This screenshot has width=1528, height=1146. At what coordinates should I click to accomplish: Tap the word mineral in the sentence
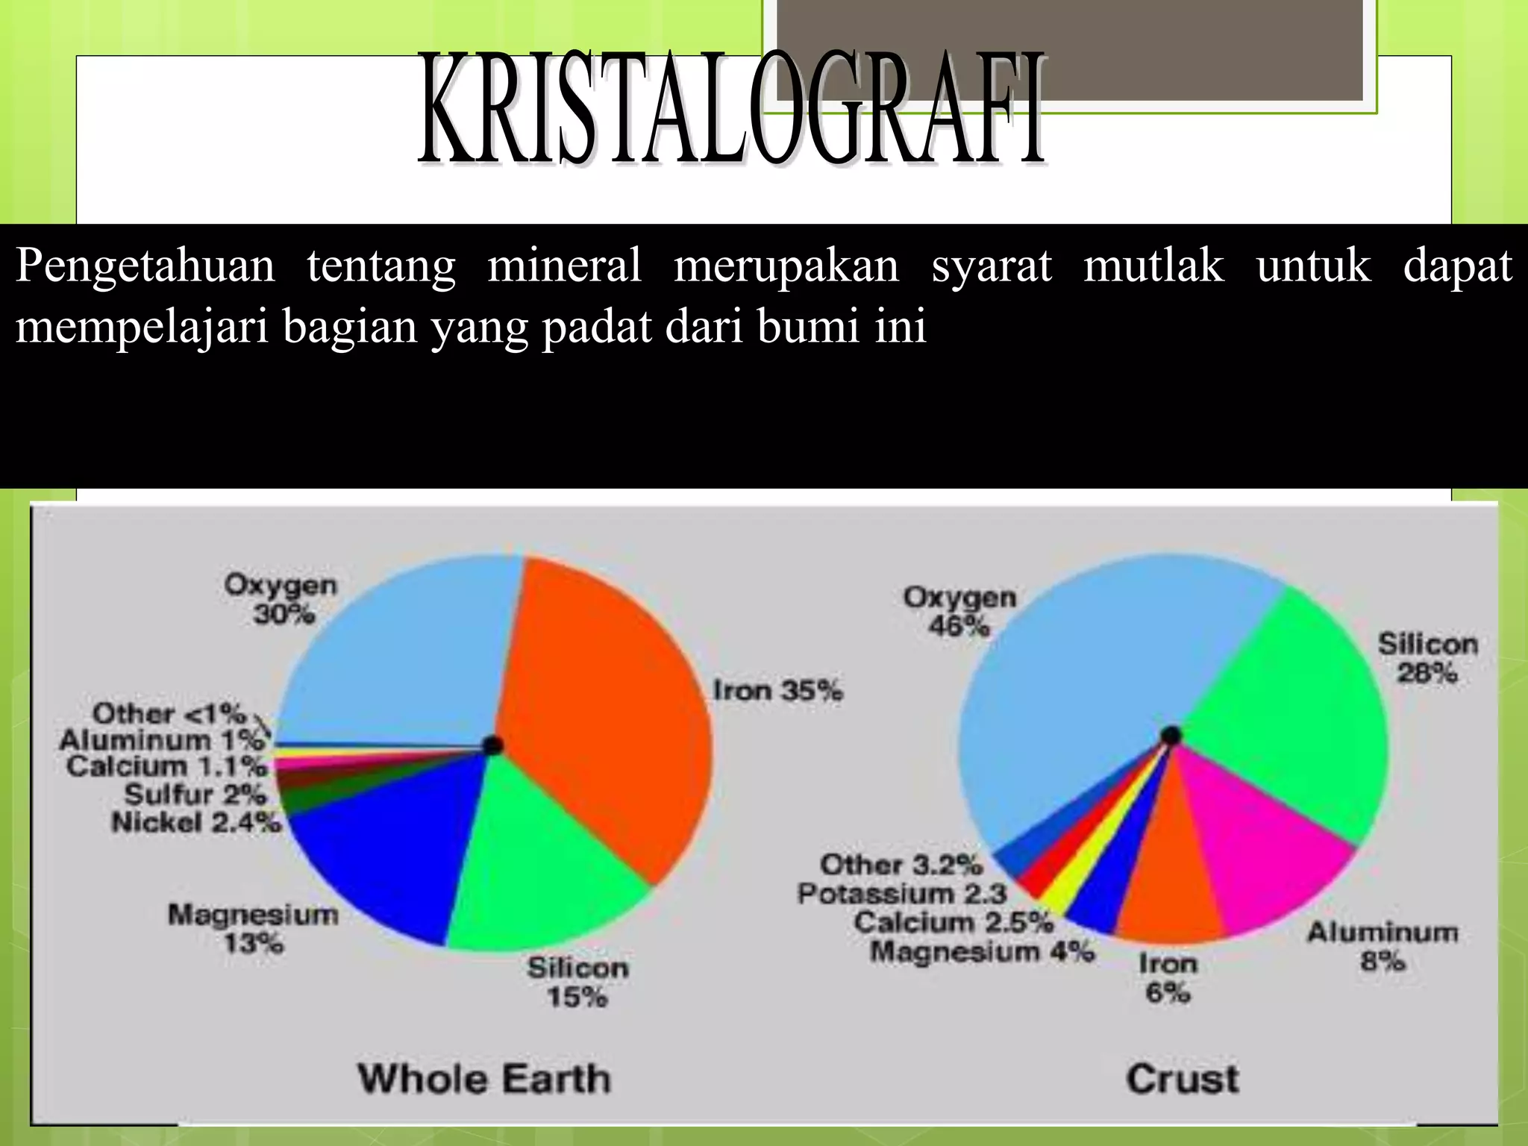click(564, 265)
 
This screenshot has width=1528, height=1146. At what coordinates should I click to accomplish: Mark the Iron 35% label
click(777, 690)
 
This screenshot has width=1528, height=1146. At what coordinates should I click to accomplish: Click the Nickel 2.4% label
click(196, 822)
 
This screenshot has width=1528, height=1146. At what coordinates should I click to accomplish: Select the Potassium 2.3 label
click(902, 893)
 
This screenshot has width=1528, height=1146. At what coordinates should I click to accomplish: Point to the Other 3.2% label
click(901, 865)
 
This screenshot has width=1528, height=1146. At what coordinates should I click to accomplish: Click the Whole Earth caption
click(484, 1079)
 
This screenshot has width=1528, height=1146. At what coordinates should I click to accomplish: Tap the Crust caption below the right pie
click(1182, 1079)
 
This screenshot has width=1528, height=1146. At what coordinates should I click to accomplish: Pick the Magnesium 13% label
click(253, 928)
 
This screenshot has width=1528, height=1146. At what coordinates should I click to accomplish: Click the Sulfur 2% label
click(195, 794)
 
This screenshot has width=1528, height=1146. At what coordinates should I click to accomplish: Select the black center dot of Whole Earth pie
click(492, 745)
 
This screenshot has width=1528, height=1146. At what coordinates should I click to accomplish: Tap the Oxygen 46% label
click(959, 611)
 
